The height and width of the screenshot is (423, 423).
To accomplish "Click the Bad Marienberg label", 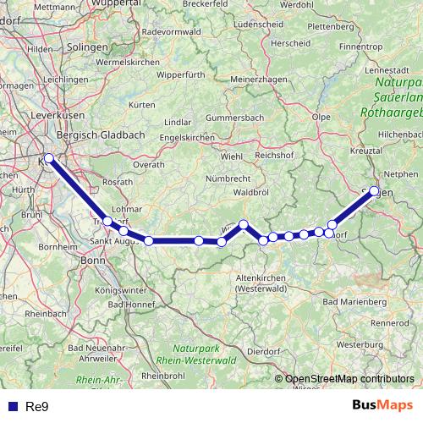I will coord(354,301).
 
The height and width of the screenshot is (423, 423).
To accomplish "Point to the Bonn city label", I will coord(91,261).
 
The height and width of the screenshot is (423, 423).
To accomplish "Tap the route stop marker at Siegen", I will coord(374,191).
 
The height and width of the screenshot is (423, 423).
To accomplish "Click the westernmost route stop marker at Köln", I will coord(49,158).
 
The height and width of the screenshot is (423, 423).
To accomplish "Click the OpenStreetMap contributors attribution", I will coord(349,379).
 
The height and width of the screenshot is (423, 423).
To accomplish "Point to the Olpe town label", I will coord(321,117).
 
